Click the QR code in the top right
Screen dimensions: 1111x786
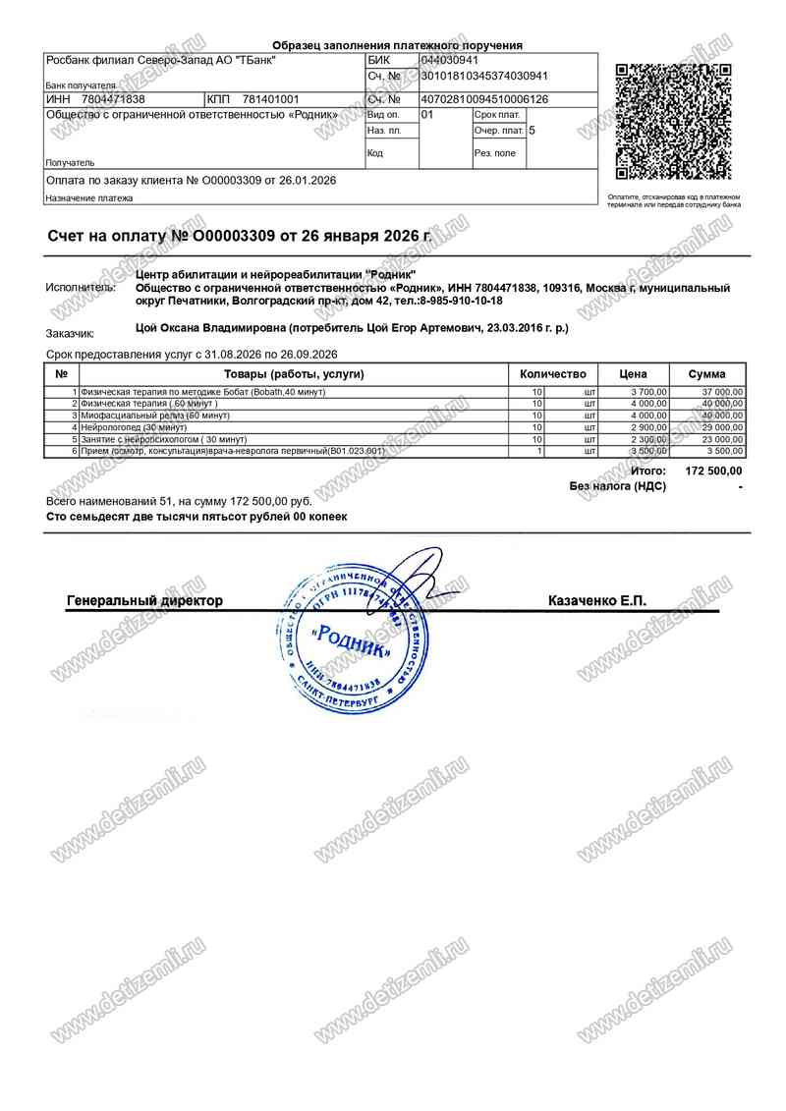coord(674,121)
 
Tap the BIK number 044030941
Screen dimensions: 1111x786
coord(451,61)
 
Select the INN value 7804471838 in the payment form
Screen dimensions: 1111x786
coord(113,99)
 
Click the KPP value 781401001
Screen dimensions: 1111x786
coord(270,99)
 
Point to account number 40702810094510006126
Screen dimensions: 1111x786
coord(484,99)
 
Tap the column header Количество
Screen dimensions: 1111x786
coord(552,374)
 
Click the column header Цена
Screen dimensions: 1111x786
coord(633,374)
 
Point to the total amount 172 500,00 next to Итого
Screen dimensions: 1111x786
coord(713,472)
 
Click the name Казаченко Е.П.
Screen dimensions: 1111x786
coord(597,600)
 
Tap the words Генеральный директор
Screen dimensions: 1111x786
coord(144,600)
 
